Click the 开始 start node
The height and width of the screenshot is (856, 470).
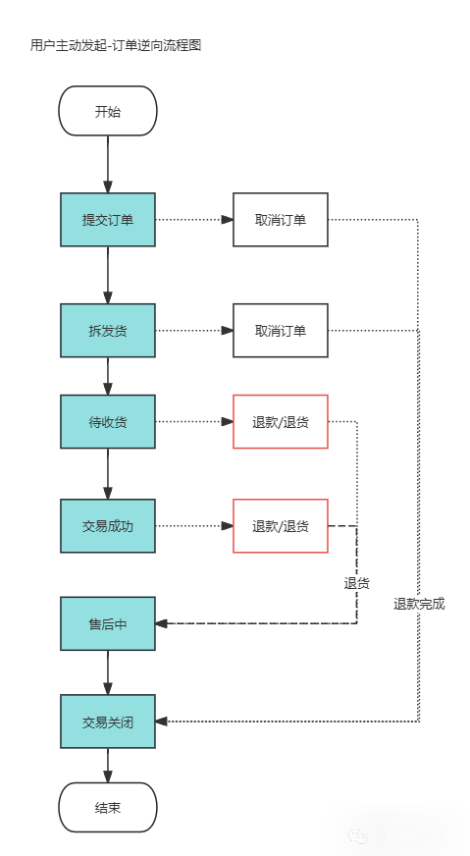pos(108,111)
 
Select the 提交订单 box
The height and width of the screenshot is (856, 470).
pos(108,219)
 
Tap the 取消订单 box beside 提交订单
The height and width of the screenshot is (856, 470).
pos(280,219)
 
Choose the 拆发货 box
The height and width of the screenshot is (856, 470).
pos(108,330)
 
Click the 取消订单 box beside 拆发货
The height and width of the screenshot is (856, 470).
pos(280,330)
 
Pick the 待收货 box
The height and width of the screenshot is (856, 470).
pos(108,422)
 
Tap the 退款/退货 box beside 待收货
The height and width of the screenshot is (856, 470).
pos(280,422)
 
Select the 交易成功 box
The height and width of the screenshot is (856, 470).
pos(108,526)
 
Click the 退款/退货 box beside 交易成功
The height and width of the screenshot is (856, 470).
pos(280,526)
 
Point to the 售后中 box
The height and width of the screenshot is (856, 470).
pos(108,623)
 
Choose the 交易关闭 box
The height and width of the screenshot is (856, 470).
pos(108,722)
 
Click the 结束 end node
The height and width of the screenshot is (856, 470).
pos(108,807)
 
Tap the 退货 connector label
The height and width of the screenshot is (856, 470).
pos(356,583)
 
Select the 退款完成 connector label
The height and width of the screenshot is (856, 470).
pos(419,604)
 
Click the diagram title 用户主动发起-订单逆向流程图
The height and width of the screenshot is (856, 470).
pos(116,45)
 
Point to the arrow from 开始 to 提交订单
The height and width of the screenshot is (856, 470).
pos(108,164)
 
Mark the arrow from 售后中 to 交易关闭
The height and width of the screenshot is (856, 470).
pos(108,672)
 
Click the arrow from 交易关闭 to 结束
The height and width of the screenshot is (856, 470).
pos(108,766)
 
